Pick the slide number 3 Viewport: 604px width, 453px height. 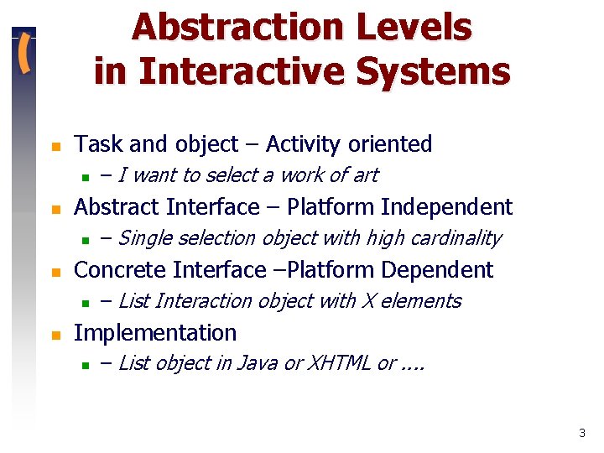581,434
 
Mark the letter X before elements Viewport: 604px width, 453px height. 367,301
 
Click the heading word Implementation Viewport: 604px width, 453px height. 155,333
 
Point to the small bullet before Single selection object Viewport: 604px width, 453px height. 85,240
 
